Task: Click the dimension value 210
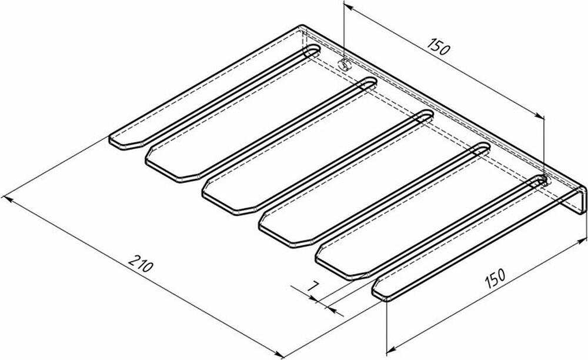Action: click(141, 263)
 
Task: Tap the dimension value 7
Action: click(313, 286)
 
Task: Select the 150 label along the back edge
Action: click(438, 46)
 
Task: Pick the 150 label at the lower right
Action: click(495, 278)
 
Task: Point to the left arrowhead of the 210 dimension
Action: click(8, 198)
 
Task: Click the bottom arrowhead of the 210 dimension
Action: click(279, 354)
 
